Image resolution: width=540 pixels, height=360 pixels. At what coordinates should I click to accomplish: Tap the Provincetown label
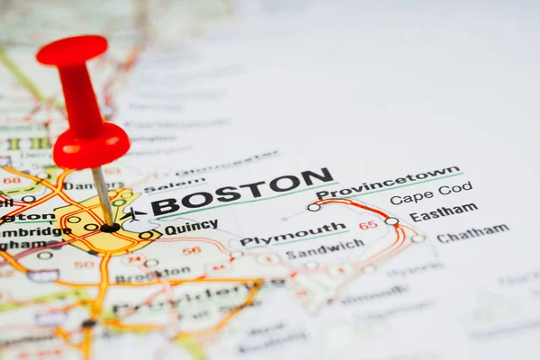(388, 182)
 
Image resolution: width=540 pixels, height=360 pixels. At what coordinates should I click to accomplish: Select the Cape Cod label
(430, 193)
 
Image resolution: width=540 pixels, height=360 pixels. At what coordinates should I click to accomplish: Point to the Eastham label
(443, 213)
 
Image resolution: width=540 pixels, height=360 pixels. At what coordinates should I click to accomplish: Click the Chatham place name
(472, 233)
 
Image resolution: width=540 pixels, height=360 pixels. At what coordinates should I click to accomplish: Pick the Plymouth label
(292, 234)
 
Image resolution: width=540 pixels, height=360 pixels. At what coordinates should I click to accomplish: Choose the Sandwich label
(325, 248)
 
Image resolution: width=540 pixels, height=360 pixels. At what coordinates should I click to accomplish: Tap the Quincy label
(190, 227)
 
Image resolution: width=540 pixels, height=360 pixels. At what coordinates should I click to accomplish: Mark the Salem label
(175, 185)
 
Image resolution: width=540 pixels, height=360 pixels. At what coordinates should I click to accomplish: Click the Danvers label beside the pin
(94, 185)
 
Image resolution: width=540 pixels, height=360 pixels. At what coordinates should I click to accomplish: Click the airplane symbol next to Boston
(133, 214)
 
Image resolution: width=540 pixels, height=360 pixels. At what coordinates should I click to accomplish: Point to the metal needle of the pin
(103, 195)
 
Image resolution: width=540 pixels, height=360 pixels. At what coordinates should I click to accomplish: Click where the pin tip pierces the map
(110, 227)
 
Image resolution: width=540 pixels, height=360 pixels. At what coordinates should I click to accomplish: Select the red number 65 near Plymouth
(368, 225)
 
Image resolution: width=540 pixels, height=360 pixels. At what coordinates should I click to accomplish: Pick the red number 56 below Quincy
(191, 251)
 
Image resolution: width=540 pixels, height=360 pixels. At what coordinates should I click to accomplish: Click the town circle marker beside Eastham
(391, 220)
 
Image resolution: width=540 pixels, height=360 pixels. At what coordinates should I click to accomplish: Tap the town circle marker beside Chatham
(418, 238)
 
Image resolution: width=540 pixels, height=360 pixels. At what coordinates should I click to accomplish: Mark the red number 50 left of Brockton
(84, 265)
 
